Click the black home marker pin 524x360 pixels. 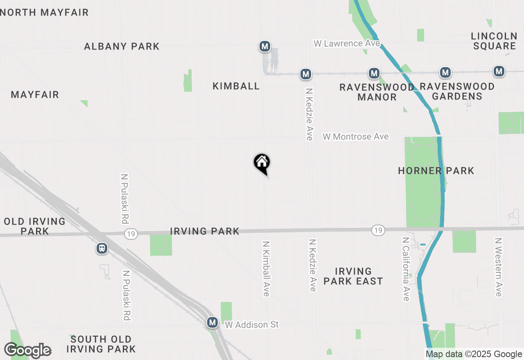pos(262,164)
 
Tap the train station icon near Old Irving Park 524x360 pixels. pos(102,248)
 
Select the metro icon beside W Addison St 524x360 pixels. pos(212,322)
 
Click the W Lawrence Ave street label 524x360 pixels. pos(347,43)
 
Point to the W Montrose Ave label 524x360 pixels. pos(355,137)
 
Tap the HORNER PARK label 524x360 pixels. pos(436,171)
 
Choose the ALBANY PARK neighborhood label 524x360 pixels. pos(122,46)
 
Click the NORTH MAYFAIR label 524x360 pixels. pos(45,13)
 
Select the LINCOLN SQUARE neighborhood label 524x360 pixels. pos(495,41)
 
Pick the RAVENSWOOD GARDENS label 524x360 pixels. pos(457,91)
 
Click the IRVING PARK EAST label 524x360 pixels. pos(353,276)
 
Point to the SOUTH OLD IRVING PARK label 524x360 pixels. pos(101,344)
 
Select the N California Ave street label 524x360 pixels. pos(406,269)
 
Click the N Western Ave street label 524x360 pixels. pos(498,267)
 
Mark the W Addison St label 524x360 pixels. pos(252,325)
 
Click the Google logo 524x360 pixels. pos(27,351)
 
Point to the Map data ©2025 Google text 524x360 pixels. pos(474,354)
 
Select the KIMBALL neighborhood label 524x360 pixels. pos(236,86)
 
